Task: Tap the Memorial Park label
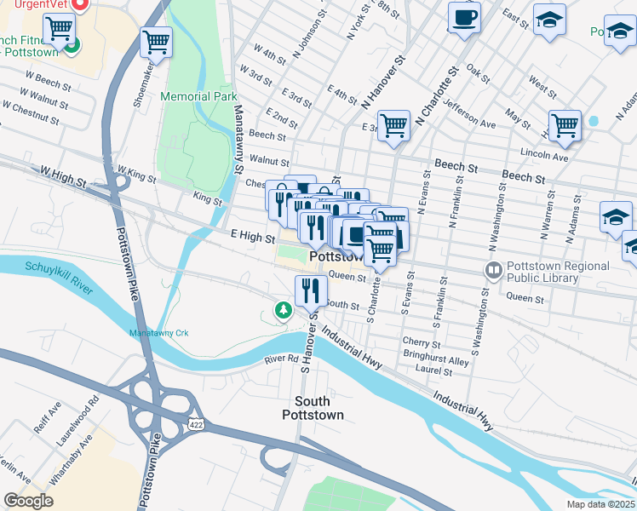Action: (198, 96)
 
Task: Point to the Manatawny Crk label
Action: (158, 332)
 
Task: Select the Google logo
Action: (28, 501)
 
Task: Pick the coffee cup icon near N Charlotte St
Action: (464, 18)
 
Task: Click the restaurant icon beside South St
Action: (311, 290)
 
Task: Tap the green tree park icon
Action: (282, 312)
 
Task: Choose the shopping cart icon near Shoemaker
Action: (156, 41)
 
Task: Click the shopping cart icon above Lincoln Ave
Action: (565, 126)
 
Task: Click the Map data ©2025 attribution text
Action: (600, 504)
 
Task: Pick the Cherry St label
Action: (420, 342)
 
